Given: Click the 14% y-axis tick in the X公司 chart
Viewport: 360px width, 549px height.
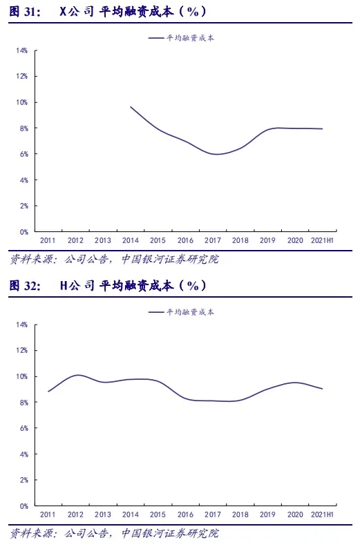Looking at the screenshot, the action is [21, 51].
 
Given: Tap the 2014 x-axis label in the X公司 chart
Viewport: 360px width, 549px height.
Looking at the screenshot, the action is [131, 240].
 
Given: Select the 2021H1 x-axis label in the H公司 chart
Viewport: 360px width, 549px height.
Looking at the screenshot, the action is [322, 514].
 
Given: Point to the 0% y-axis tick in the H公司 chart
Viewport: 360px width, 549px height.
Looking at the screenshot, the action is [23, 506].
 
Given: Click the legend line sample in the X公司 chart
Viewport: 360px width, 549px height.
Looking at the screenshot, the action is [156, 38].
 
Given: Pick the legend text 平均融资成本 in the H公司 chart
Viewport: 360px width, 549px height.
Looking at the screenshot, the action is [190, 312].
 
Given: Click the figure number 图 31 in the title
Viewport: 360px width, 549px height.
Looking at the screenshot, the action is [24, 12].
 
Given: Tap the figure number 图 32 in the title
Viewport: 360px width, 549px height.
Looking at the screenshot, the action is [24, 286].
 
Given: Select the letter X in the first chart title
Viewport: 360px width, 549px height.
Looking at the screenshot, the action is [63, 12].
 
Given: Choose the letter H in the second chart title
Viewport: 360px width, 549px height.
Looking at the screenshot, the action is [64, 286].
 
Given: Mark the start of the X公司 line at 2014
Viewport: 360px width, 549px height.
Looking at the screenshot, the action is [131, 107].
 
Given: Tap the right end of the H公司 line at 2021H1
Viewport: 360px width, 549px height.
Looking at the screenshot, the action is [322, 389].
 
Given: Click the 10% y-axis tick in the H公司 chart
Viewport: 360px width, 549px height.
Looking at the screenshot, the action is [21, 377].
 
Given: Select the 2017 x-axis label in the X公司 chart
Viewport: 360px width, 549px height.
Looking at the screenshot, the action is [213, 240].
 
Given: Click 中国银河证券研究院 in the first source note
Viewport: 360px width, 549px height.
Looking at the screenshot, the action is [170, 259].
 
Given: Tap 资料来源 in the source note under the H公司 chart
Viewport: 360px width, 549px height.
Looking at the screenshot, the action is [31, 533].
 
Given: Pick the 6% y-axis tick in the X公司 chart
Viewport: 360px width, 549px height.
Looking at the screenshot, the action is [23, 154].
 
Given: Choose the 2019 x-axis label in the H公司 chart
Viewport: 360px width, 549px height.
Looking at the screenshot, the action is [267, 514].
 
